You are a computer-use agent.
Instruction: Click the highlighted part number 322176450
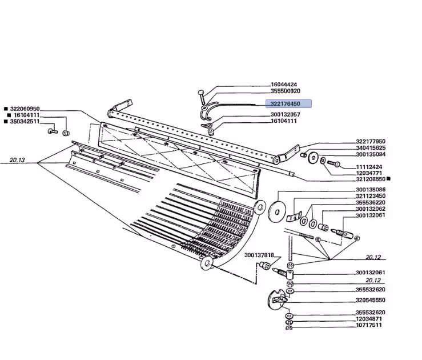(285, 104)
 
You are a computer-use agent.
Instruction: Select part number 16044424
(284, 85)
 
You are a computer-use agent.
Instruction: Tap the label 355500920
(286, 91)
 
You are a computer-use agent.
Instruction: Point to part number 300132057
(286, 114)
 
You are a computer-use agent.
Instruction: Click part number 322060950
(25, 109)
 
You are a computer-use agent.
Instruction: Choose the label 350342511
(25, 122)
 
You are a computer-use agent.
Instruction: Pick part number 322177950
(371, 141)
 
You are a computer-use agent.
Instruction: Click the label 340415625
(371, 148)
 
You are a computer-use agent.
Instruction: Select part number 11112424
(369, 167)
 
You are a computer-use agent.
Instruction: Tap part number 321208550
(371, 179)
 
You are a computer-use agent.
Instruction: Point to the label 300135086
(371, 190)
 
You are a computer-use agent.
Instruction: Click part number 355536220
(371, 202)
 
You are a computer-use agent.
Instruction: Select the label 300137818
(259, 255)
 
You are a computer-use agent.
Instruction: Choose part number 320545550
(371, 300)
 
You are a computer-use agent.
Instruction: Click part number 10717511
(369, 325)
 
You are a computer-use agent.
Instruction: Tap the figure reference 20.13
(17, 160)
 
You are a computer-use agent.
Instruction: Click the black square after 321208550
(388, 178)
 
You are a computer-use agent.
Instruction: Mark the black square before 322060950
(6, 109)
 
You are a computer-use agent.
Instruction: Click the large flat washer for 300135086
(276, 212)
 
